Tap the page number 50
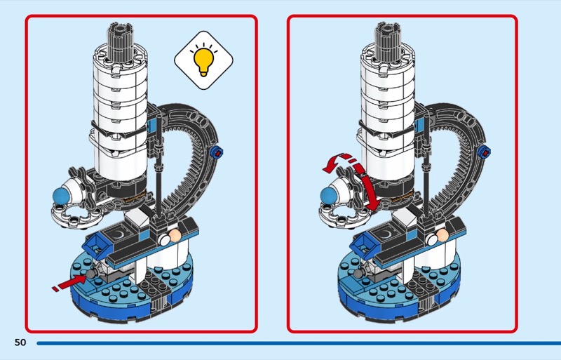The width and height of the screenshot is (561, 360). [20, 342]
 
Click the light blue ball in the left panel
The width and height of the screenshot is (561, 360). [61, 196]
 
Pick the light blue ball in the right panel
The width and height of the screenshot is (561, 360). [329, 196]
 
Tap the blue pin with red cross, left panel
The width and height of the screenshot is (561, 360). [217, 152]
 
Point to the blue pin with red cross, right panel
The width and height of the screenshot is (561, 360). [484, 152]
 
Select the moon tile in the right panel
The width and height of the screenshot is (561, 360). [384, 235]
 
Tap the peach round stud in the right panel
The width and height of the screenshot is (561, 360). [442, 235]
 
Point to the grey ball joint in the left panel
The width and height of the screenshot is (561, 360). [91, 274]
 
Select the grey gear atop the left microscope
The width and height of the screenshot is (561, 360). [121, 40]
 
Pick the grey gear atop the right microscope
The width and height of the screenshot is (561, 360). [388, 40]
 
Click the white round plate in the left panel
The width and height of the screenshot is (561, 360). [77, 215]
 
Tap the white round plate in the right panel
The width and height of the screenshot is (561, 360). [344, 215]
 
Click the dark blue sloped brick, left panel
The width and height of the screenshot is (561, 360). [97, 246]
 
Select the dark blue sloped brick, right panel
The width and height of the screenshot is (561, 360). [365, 246]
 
